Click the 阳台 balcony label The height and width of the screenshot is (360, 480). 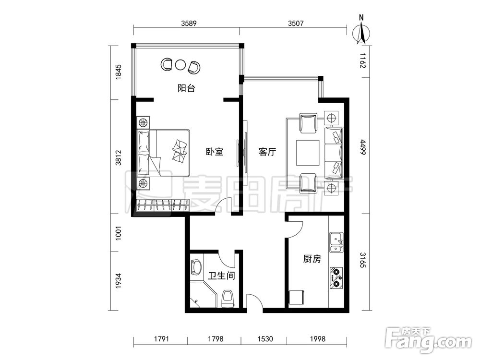186,88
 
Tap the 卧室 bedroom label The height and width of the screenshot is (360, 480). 214,152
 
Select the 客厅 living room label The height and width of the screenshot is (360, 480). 267,152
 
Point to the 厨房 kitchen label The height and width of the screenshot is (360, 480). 312,259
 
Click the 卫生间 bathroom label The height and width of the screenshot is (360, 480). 222,276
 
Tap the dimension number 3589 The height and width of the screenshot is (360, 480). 189,23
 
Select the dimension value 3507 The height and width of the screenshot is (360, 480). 296,23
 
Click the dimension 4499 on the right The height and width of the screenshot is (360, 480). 362,147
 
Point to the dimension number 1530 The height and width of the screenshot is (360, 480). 265,339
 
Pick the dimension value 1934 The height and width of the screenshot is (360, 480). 119,280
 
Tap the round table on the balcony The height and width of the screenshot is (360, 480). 180,65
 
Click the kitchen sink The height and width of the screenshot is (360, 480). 336,242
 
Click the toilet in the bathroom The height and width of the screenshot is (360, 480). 228,299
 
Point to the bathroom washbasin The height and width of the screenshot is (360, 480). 196,267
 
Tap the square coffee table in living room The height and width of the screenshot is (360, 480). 308,153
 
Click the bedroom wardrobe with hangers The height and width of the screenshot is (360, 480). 163,205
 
